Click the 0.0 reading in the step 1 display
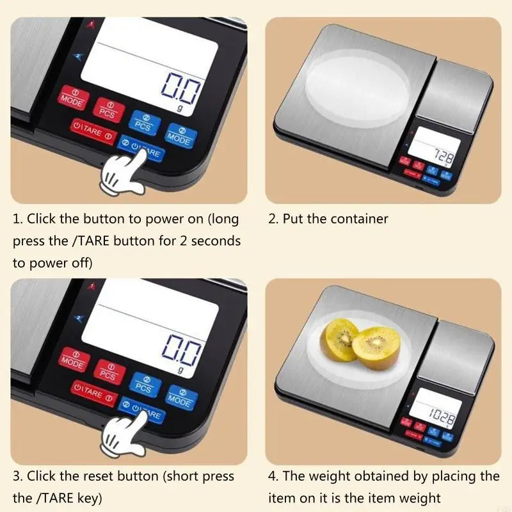180,88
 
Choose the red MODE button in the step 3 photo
72,360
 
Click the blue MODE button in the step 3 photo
180,396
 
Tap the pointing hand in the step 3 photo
125,435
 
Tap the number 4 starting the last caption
271,477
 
